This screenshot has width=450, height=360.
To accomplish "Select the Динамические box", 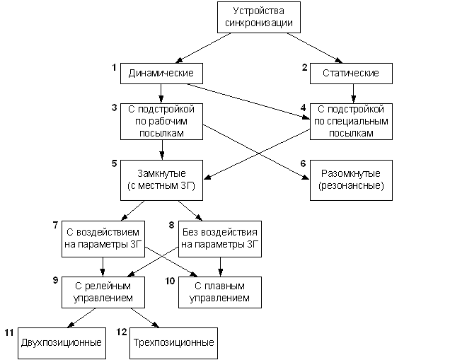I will [162, 74].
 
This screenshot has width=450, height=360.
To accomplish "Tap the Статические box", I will [350, 74].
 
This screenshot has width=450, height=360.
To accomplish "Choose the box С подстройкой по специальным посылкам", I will [350, 122].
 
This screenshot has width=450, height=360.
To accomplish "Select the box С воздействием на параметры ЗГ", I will [104, 239].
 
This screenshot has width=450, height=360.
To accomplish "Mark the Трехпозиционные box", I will [173, 343].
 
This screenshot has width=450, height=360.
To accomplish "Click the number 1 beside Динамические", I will [113, 67].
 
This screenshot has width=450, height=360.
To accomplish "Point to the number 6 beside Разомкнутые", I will [303, 163].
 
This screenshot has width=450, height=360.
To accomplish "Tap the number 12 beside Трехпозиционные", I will [121, 332].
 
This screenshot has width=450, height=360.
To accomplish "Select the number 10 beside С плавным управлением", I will [170, 281].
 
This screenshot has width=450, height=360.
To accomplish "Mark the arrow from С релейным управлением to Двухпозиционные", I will [83, 319].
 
